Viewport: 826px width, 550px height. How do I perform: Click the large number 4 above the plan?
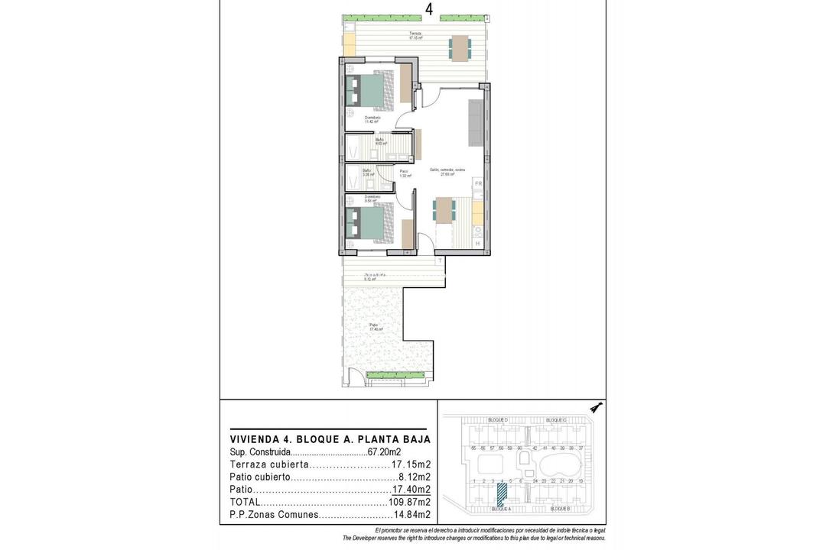coord(429,9)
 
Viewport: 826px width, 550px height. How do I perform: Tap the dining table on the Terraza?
coord(460,47)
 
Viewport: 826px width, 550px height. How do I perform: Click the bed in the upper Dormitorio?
coord(371,90)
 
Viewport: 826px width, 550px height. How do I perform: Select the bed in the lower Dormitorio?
coord(371,222)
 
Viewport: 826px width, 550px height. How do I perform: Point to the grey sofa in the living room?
coord(476,122)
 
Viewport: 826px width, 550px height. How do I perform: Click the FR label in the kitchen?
coord(478,184)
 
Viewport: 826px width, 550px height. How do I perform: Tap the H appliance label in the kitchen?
coord(478,243)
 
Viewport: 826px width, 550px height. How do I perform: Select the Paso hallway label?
coord(404,173)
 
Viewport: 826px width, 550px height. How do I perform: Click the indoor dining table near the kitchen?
coord(444,210)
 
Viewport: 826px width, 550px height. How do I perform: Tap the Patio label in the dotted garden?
coord(374,326)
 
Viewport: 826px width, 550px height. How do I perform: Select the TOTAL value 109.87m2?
coord(409,502)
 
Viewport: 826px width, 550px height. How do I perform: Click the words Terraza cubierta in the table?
coord(269,464)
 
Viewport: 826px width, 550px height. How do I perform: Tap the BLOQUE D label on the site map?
coord(498,420)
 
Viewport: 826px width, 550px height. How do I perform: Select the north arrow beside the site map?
coord(597,407)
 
